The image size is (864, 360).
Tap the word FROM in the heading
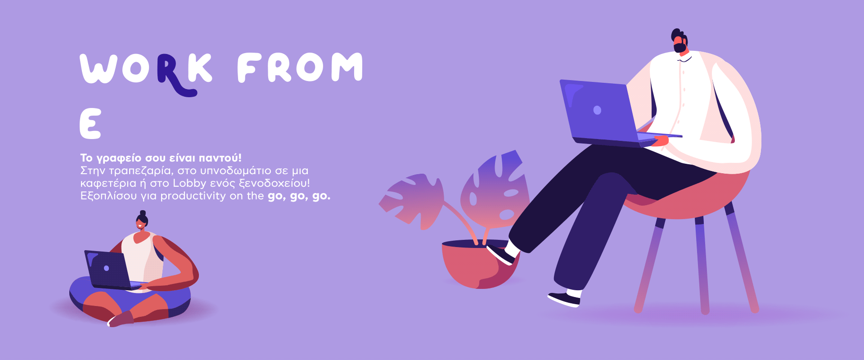[300, 67]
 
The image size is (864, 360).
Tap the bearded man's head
[679, 42]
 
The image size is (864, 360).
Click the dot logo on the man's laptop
[597, 110]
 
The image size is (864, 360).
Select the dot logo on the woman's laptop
[106, 268]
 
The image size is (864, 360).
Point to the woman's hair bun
[143, 213]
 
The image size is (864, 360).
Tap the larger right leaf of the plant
[495, 189]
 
